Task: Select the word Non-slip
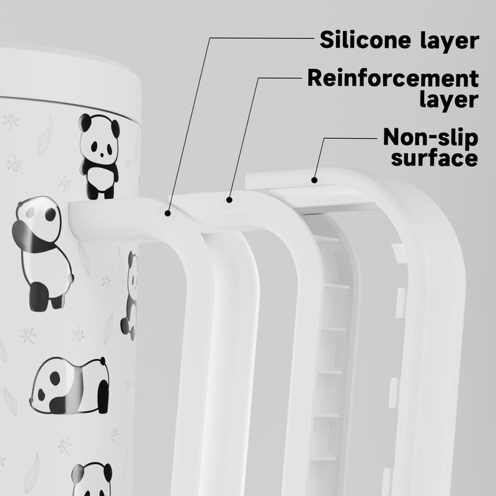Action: [430, 136]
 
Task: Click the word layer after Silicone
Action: [449, 41]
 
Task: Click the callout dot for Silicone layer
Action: [167, 213]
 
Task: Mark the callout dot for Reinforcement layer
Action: [229, 200]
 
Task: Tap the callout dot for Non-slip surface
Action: [314, 180]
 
